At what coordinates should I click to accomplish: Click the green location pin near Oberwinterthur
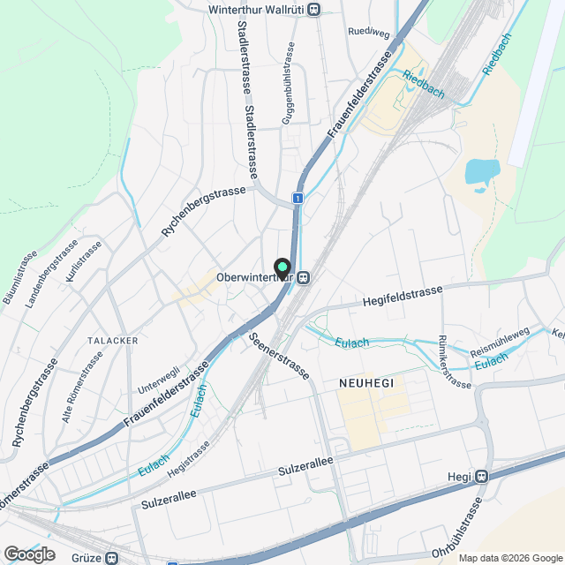click(x=282, y=267)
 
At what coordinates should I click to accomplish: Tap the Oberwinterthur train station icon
click(x=303, y=278)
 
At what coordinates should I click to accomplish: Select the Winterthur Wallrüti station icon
click(x=314, y=10)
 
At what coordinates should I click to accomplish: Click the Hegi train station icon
click(x=481, y=477)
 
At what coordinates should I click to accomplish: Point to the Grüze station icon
click(x=111, y=558)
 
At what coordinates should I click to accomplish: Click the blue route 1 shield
click(x=299, y=199)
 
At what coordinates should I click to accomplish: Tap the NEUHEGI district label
click(x=365, y=383)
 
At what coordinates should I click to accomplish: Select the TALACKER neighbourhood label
click(x=109, y=339)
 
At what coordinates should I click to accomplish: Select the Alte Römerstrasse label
click(x=82, y=386)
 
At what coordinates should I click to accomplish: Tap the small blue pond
click(x=481, y=170)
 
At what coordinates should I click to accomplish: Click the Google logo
click(x=29, y=554)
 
